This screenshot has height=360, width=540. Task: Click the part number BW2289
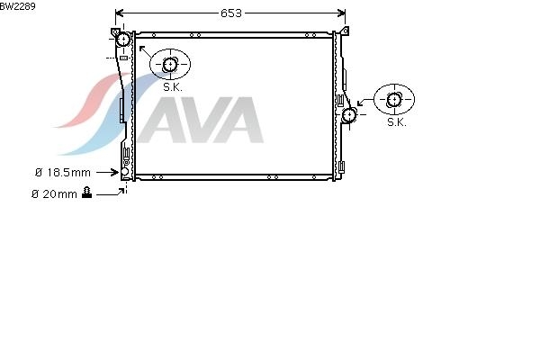click(18, 6)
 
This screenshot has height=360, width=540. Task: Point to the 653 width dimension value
click(231, 13)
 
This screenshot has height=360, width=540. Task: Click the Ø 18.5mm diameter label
click(63, 172)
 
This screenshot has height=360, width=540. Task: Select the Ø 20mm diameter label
click(54, 194)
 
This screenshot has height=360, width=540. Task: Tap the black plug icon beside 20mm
click(87, 193)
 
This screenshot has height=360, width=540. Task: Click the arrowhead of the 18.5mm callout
click(116, 172)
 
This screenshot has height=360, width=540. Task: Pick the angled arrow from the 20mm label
click(110, 193)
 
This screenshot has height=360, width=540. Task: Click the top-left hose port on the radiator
click(122, 40)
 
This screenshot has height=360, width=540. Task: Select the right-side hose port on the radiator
click(349, 114)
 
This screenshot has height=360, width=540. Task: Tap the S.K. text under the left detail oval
click(173, 87)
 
